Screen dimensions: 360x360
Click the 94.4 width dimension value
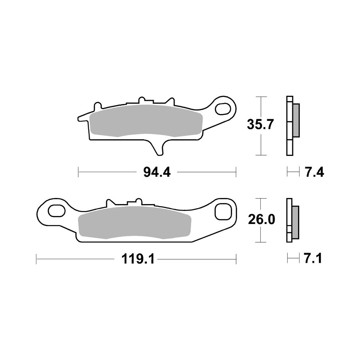click(157, 172)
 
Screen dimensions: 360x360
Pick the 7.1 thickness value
click(312, 259)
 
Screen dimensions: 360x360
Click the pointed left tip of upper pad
click(80, 118)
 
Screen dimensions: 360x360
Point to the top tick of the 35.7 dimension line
click(261, 96)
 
